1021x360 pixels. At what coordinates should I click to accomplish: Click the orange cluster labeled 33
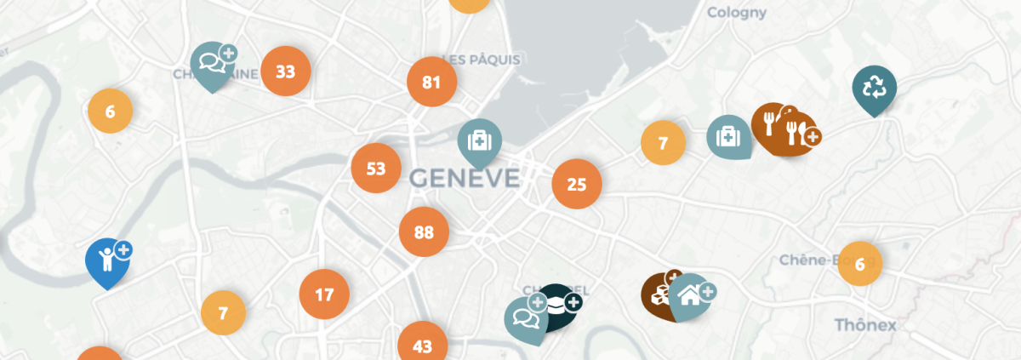pyautogui.click(x=286, y=71)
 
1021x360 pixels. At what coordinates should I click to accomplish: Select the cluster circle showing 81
pyautogui.click(x=431, y=83)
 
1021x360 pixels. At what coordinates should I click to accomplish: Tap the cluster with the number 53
pyautogui.click(x=376, y=169)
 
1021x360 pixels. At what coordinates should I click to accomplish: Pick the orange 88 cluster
pyautogui.click(x=424, y=231)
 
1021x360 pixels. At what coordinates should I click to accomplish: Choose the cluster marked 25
pyautogui.click(x=577, y=184)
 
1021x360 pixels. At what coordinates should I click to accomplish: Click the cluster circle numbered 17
pyautogui.click(x=324, y=295)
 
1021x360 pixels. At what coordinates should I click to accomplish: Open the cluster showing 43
pyautogui.click(x=422, y=346)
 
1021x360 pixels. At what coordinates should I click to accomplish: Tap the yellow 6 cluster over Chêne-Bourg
pyautogui.click(x=859, y=264)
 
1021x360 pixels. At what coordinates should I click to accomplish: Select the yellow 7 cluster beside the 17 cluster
pyautogui.click(x=223, y=313)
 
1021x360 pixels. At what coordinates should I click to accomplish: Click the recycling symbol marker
pyautogui.click(x=874, y=88)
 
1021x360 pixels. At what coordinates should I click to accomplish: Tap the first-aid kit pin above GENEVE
pyautogui.click(x=480, y=140)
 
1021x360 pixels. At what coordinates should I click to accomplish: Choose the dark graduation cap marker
pyautogui.click(x=557, y=304)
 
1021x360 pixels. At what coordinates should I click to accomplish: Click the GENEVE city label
pyautogui.click(x=464, y=178)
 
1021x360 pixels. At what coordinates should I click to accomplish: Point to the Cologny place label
pyautogui.click(x=737, y=13)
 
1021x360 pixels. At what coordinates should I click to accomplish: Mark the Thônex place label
pyautogui.click(x=865, y=324)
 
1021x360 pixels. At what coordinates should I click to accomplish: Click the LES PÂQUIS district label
pyautogui.click(x=482, y=60)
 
